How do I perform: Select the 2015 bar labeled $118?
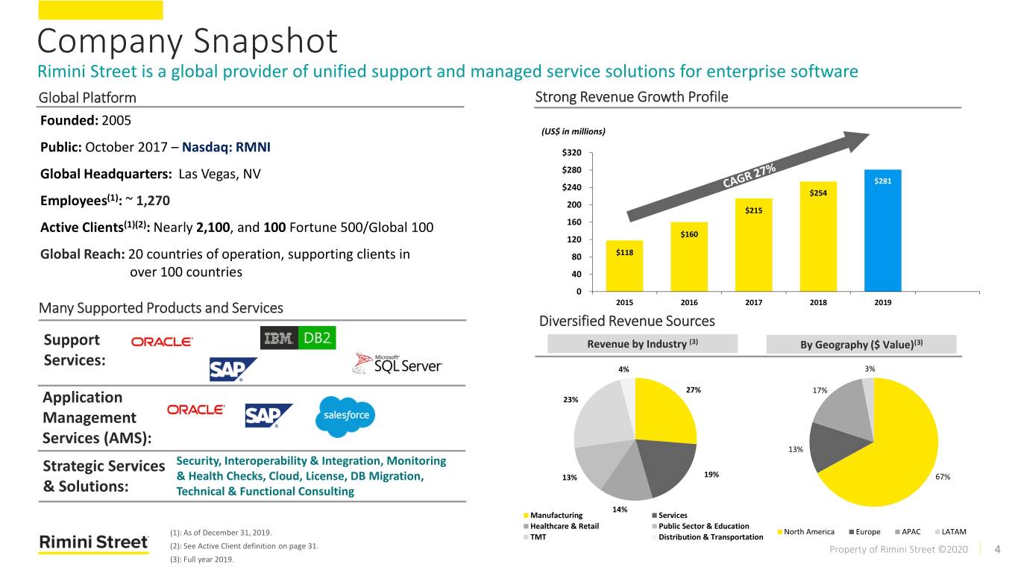(x=624, y=266)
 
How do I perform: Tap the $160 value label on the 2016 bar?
(x=689, y=234)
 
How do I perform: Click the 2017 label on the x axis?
(x=753, y=302)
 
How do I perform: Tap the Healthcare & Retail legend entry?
(x=559, y=526)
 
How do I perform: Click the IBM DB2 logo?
(x=298, y=338)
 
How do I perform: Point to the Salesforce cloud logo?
(x=346, y=416)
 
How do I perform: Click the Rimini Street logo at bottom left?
(x=94, y=542)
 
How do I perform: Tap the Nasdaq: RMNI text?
(x=226, y=146)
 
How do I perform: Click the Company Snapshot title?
(x=187, y=40)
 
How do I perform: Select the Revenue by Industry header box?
(x=642, y=344)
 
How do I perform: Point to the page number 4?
(x=997, y=550)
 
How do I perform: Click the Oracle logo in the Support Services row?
(x=162, y=341)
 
